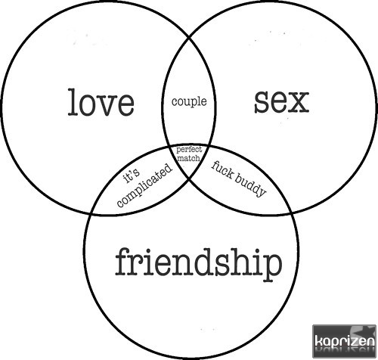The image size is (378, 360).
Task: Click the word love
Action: pyautogui.click(x=101, y=102)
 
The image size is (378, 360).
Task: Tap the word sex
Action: pyautogui.click(x=281, y=102)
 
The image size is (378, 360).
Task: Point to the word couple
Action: pyautogui.click(x=189, y=102)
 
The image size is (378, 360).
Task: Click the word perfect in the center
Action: pyautogui.click(x=189, y=150)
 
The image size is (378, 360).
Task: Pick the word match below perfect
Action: pyautogui.click(x=189, y=158)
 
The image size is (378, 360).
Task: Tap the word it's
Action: pyautogui.click(x=132, y=175)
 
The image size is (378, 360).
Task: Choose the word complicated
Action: pyautogui.click(x=145, y=185)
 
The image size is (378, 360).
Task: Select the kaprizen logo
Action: pyautogui.click(x=344, y=341)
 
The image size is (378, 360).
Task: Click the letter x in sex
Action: pyautogui.click(x=300, y=102)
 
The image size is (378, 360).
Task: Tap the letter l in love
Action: pyautogui.click(x=73, y=102)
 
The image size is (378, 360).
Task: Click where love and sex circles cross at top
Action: pyautogui.click(x=189, y=39)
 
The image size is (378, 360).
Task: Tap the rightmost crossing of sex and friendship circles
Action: pyautogui.click(x=292, y=213)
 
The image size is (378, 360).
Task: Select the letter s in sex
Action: pyautogui.click(x=262, y=102)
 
